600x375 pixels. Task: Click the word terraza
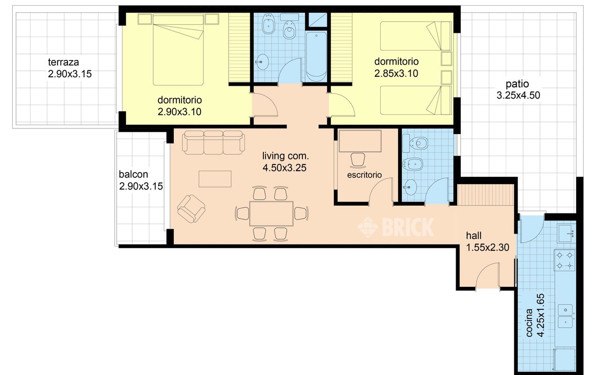pos(63,62)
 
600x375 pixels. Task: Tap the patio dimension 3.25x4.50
pos(518,95)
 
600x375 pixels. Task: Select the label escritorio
pos(364,175)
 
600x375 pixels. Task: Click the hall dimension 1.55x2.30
pos(487,247)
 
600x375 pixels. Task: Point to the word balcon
pos(134,174)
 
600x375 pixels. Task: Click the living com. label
pos(285,156)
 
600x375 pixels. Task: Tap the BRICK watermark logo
pos(396,227)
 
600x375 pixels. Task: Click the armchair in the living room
pos(191,209)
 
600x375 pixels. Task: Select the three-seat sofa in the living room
pos(213,142)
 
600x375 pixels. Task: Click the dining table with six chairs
pos(271,214)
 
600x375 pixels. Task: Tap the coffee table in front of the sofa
pos(215,179)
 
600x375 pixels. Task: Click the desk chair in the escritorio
pos(358,160)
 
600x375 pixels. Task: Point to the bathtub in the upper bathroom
pos(316,57)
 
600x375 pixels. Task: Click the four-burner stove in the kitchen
pos(565,260)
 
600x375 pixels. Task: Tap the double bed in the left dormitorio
pos(178,50)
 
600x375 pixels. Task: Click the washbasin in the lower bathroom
pos(410,187)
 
